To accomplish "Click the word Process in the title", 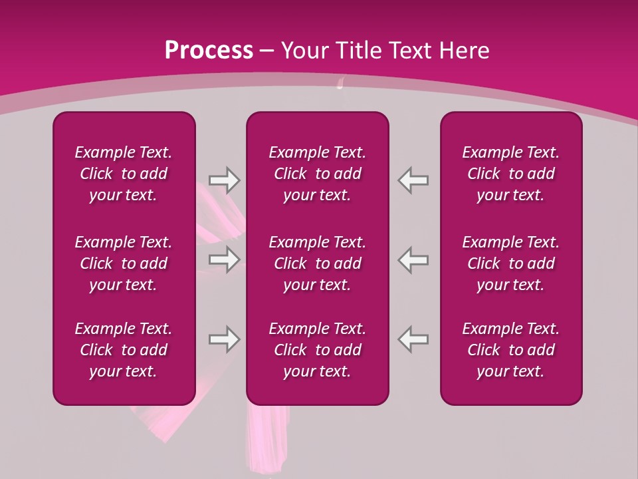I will point(209,50).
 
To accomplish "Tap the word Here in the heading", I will point(463,50).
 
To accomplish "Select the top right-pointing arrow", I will point(225,180).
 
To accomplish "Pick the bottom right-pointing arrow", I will point(225,339).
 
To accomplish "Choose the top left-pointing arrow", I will point(413,180).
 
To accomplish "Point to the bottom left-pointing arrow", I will point(413,339).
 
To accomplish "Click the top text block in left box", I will point(124,174).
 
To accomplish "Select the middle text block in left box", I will point(124,263).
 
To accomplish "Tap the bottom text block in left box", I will point(124,350).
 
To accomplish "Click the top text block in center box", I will point(317,174).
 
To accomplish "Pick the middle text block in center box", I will point(317,263).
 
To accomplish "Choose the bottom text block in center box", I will point(317,350).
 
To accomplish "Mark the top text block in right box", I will point(510,174).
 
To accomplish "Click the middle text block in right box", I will point(510,263).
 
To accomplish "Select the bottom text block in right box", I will point(510,350).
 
